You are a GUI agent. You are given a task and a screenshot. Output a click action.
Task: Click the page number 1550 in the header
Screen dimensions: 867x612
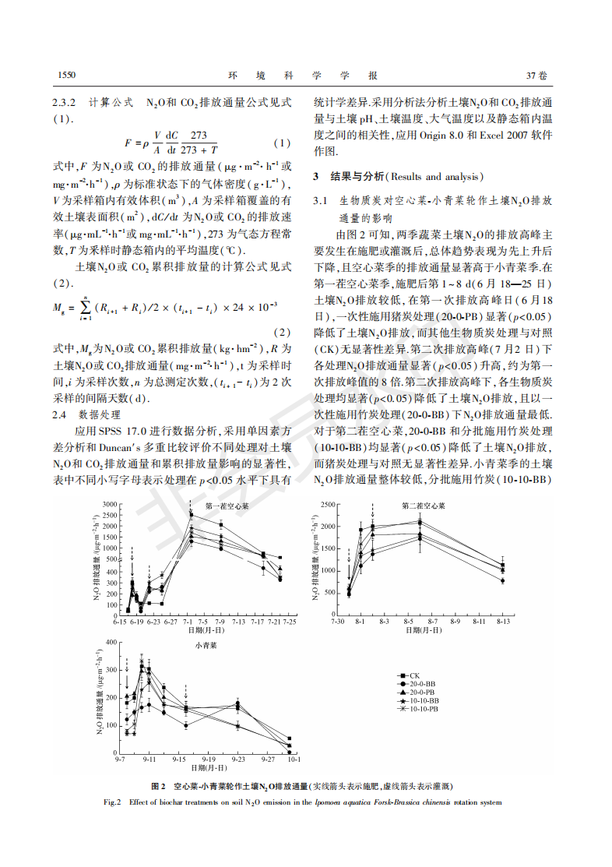pos(68,76)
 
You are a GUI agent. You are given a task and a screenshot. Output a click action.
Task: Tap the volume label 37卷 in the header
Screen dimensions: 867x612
pos(537,76)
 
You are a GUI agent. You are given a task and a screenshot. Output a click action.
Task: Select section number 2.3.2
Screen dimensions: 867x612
pos(65,102)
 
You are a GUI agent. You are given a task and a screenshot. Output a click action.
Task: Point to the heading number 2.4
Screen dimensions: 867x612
pos(60,414)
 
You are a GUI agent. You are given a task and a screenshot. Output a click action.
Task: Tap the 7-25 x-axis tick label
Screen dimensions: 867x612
pos(289,623)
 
